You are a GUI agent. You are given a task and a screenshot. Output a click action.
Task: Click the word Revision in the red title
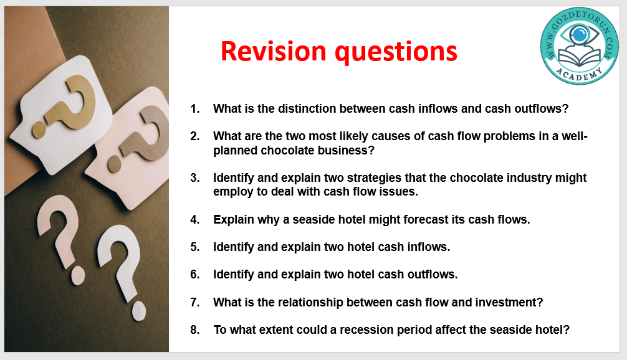(x=274, y=51)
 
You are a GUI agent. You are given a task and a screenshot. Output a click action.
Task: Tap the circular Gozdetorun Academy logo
(x=579, y=45)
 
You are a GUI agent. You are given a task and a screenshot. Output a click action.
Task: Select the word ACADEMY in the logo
(x=580, y=74)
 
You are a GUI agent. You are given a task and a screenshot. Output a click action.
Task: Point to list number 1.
(x=194, y=108)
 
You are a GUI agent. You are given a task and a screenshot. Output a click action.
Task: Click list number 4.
(x=194, y=219)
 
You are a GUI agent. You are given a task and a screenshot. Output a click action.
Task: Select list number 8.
(x=194, y=329)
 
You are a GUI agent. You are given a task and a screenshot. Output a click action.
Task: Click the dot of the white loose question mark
(x=139, y=311)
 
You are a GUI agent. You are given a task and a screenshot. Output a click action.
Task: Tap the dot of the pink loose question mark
(x=77, y=276)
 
